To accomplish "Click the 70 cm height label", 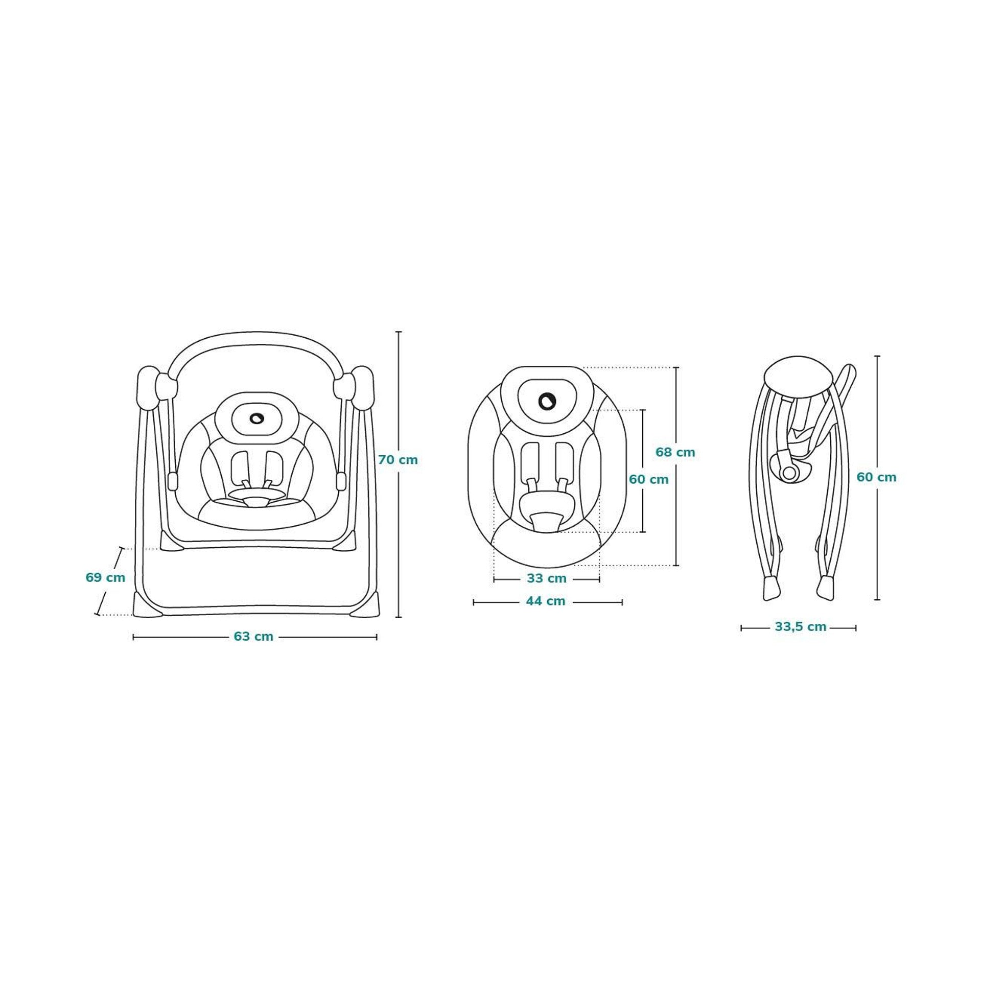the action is [398, 460].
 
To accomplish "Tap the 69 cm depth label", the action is [105, 578].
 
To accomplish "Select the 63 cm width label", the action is [253, 637].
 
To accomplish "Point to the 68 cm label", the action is [675, 452].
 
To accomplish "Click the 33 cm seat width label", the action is [547, 579].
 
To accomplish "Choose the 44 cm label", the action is [546, 601].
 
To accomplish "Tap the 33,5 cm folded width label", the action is [801, 627].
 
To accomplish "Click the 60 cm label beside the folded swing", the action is [876, 477].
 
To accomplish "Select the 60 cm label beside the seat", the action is [648, 480].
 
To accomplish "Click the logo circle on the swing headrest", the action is [256, 418].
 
